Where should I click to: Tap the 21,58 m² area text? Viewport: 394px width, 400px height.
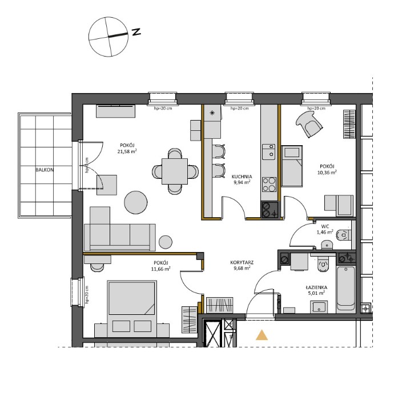tap(127, 152)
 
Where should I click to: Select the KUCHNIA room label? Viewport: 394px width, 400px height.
tap(242, 177)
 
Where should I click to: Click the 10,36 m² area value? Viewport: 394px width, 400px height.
tap(327, 171)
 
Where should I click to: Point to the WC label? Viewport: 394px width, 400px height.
tap(324, 227)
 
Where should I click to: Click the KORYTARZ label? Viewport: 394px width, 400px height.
tap(242, 262)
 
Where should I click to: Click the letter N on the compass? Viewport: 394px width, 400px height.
tap(136, 32)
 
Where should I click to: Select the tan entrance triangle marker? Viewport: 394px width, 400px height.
tap(262, 335)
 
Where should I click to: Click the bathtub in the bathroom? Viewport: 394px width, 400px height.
tap(345, 287)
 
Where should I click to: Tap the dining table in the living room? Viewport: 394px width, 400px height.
tap(175, 170)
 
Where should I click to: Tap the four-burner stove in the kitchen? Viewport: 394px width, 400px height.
tap(269, 184)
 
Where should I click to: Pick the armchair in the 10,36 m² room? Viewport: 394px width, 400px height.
tap(309, 123)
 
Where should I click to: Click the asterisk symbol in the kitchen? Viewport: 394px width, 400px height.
tap(213, 113)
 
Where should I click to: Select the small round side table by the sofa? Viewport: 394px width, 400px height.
tap(166, 242)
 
